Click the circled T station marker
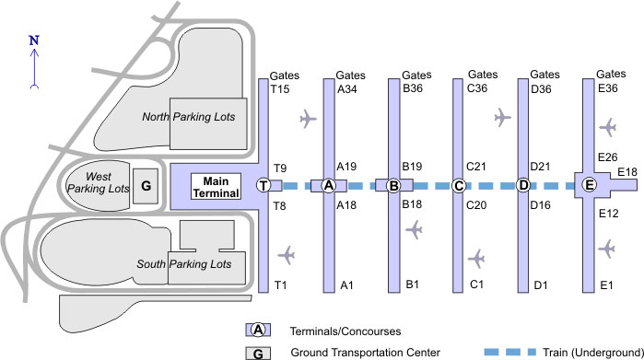[263, 186]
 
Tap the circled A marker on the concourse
[329, 186]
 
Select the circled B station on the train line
[393, 186]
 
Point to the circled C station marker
[458, 186]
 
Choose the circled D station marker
[523, 186]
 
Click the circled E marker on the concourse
[590, 186]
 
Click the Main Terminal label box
[215, 186]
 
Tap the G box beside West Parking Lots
[145, 185]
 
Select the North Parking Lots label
[189, 117]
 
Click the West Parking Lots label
[105, 181]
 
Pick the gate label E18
[626, 172]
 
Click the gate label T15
[280, 89]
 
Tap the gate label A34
[347, 89]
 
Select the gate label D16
[544, 203]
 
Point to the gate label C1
[476, 284]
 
